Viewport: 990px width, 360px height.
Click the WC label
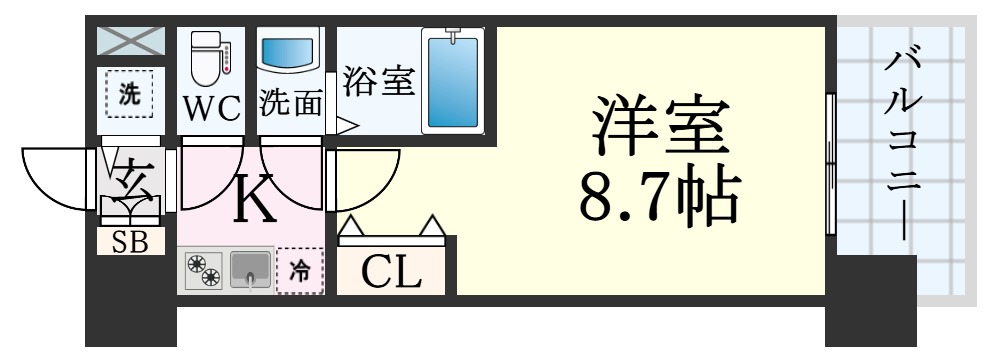pyautogui.click(x=211, y=108)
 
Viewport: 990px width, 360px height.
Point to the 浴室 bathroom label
pyautogui.click(x=378, y=81)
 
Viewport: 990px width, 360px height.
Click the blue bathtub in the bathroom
pyautogui.click(x=453, y=81)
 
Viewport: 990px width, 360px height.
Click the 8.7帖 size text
pyautogui.click(x=658, y=196)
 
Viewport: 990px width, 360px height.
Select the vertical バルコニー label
pyautogui.click(x=906, y=140)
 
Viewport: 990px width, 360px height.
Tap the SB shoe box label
pyautogui.click(x=131, y=243)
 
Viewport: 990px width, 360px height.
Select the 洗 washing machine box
pyautogui.click(x=131, y=96)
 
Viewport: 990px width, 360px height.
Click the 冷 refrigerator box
pyautogui.click(x=300, y=270)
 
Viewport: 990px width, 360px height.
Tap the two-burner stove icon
pyautogui.click(x=203, y=271)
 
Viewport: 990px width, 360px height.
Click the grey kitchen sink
pyautogui.click(x=251, y=270)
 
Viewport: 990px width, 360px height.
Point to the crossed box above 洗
pyautogui.click(x=131, y=43)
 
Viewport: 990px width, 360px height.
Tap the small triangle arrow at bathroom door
pyautogui.click(x=346, y=126)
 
